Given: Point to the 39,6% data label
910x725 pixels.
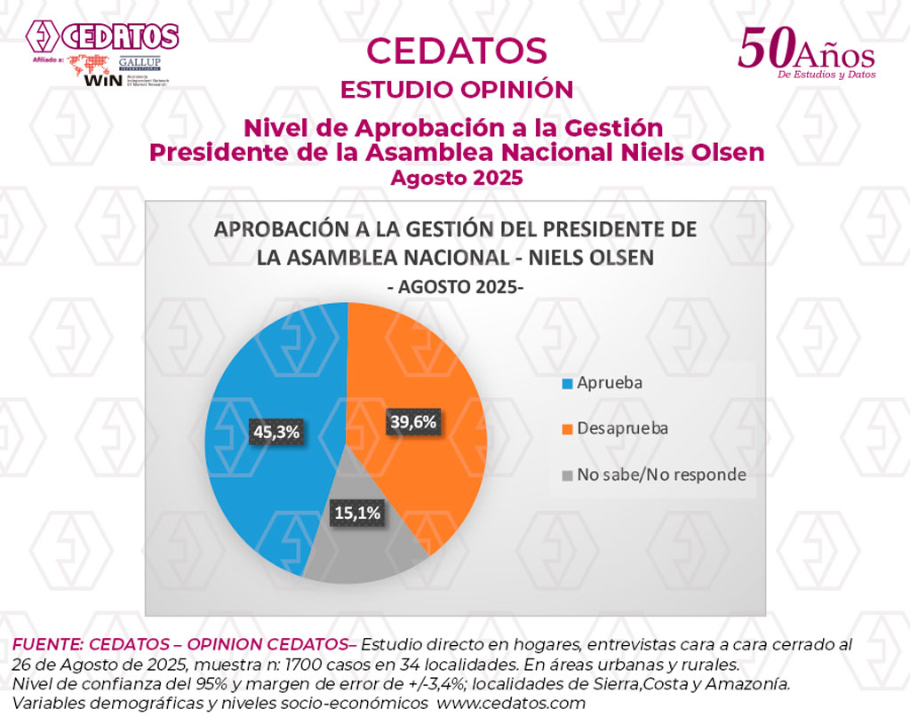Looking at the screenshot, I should click(413, 422).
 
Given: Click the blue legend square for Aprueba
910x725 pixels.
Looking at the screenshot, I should click(567, 384).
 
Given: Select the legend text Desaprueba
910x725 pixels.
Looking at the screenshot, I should click(622, 428).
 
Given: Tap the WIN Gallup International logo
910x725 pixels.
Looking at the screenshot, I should click(124, 70).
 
